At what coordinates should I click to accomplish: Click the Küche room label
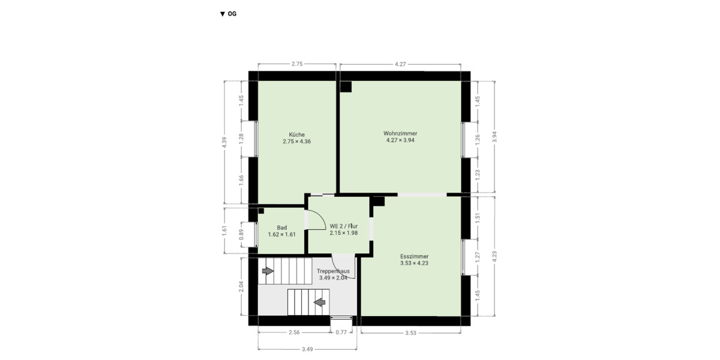[296, 138]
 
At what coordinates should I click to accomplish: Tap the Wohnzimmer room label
[400, 136]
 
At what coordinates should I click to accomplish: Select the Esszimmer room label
[414, 259]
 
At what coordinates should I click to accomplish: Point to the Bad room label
[282, 230]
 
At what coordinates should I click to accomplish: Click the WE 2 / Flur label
[344, 229]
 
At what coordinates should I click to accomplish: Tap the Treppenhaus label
[333, 274]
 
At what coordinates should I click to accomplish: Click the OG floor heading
[229, 14]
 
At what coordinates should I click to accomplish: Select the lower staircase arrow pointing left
[320, 301]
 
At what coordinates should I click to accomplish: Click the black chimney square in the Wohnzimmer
[346, 86]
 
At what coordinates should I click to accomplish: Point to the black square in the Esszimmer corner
[379, 202]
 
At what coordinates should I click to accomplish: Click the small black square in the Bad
[261, 211]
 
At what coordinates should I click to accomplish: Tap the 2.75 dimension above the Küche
[296, 64]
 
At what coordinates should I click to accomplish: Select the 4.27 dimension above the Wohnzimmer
[401, 64]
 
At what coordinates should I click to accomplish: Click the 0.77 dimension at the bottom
[341, 332]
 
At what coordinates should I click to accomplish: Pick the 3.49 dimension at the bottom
[307, 349]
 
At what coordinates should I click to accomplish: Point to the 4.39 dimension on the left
[224, 142]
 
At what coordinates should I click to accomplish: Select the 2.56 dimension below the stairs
[294, 332]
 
